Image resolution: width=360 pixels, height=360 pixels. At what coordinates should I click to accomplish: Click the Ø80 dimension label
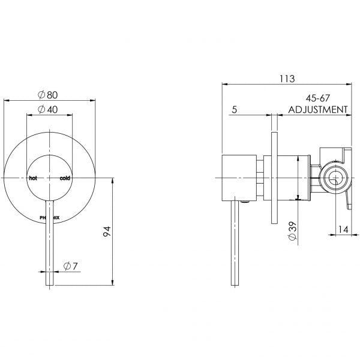pyautogui.click(x=47, y=94)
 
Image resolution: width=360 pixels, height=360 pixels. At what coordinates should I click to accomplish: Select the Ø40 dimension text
pyautogui.click(x=47, y=109)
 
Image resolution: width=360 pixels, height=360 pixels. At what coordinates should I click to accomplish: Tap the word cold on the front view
pyautogui.click(x=64, y=179)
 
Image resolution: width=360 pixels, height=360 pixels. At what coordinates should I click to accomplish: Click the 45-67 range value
pyautogui.click(x=318, y=98)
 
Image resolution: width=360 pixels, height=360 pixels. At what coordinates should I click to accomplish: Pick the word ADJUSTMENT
pyautogui.click(x=318, y=110)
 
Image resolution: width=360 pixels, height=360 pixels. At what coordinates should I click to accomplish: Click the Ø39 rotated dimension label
pyautogui.click(x=290, y=231)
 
